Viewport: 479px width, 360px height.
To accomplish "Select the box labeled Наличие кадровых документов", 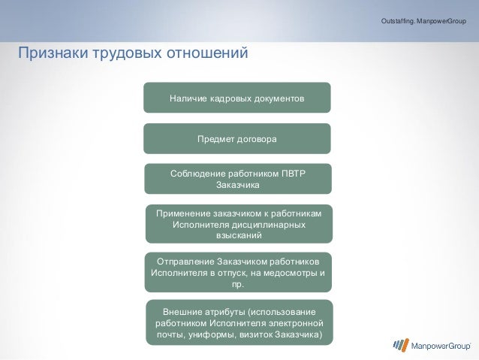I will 236,98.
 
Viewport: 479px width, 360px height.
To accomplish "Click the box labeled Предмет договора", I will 236,139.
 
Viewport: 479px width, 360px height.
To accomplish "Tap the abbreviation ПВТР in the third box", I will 294,174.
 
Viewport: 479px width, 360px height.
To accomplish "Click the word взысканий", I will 239,235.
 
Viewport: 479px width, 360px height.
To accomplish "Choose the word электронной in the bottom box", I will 294,323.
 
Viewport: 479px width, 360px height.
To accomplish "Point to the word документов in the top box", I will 278,98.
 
